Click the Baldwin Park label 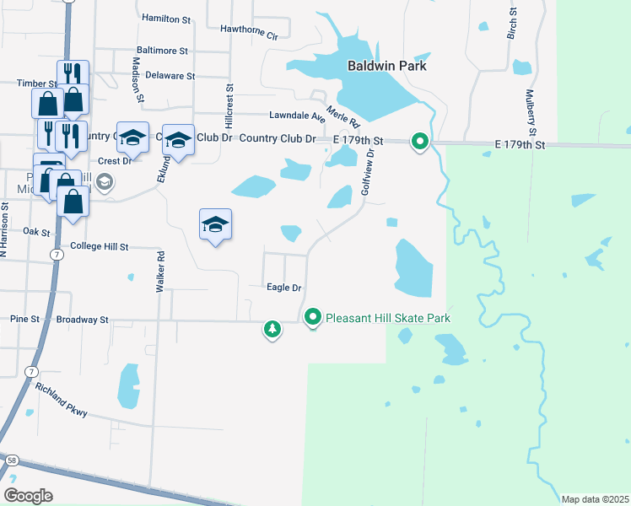tap(388, 65)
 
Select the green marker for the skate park tap(314, 318)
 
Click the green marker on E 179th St tap(420, 142)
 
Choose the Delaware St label tap(170, 75)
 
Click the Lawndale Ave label tap(297, 116)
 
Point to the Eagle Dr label tap(284, 287)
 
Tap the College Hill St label tap(99, 247)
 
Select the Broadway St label tap(83, 320)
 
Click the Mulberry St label tap(531, 113)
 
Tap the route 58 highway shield tap(11, 460)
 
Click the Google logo tap(28, 495)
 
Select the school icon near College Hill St tap(216, 224)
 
